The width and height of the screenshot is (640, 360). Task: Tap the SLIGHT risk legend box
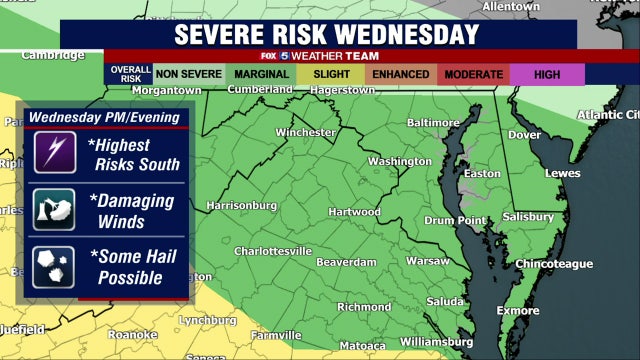(331, 74)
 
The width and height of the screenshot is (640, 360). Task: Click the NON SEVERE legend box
(187, 74)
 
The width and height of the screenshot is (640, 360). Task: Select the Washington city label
(399, 161)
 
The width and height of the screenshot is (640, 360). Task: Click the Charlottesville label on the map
(274, 251)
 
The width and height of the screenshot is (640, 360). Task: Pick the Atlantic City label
(606, 114)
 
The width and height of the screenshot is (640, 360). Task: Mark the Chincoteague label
(553, 264)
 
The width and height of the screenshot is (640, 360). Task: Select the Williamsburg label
(436, 342)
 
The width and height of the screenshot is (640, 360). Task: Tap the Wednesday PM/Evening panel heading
(104, 117)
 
